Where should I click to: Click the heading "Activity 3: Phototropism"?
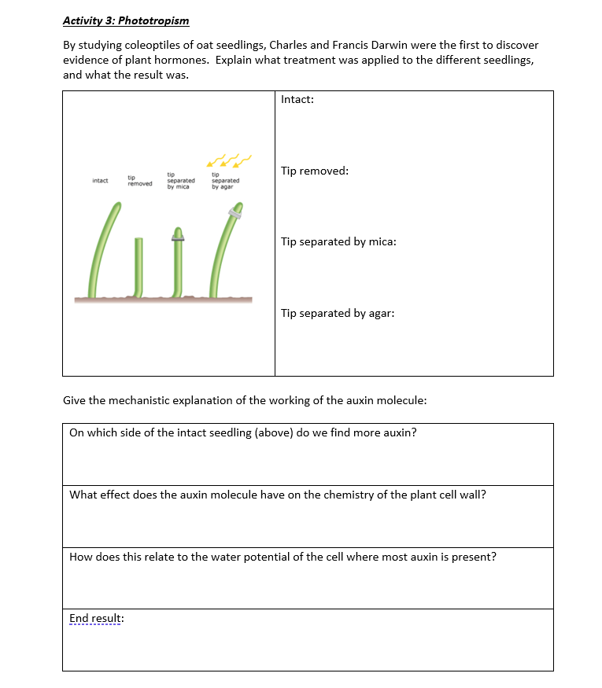[126, 20]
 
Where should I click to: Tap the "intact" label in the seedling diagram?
[100, 181]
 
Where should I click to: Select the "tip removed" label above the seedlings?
[140, 181]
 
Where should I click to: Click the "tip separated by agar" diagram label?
[225, 180]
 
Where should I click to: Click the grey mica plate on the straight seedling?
[178, 235]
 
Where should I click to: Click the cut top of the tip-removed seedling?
[138, 238]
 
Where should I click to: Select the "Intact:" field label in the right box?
[297, 100]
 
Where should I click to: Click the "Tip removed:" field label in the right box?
[315, 171]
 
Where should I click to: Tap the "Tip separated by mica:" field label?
[338, 241]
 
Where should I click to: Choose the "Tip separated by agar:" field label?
[338, 313]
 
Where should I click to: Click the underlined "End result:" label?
[97, 618]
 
